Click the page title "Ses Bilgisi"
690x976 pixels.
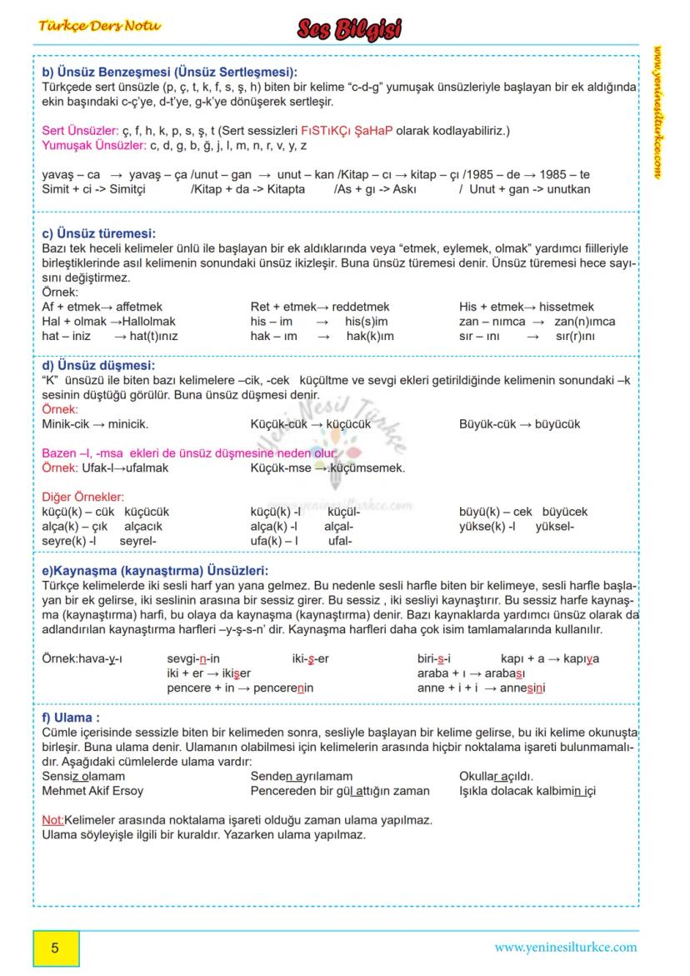pyautogui.click(x=349, y=30)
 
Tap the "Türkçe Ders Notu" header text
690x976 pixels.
pyautogui.click(x=99, y=25)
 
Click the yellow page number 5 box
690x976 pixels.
pyautogui.click(x=56, y=948)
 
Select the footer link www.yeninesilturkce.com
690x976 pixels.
pyautogui.click(x=565, y=947)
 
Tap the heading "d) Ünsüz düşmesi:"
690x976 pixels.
pyautogui.click(x=98, y=365)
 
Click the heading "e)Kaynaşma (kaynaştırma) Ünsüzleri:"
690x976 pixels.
pyautogui.click(x=155, y=571)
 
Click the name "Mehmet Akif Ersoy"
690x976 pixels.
pyautogui.click(x=92, y=790)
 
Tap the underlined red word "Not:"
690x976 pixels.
pyautogui.click(x=52, y=820)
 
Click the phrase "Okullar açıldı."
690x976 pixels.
pyautogui.click(x=497, y=776)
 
